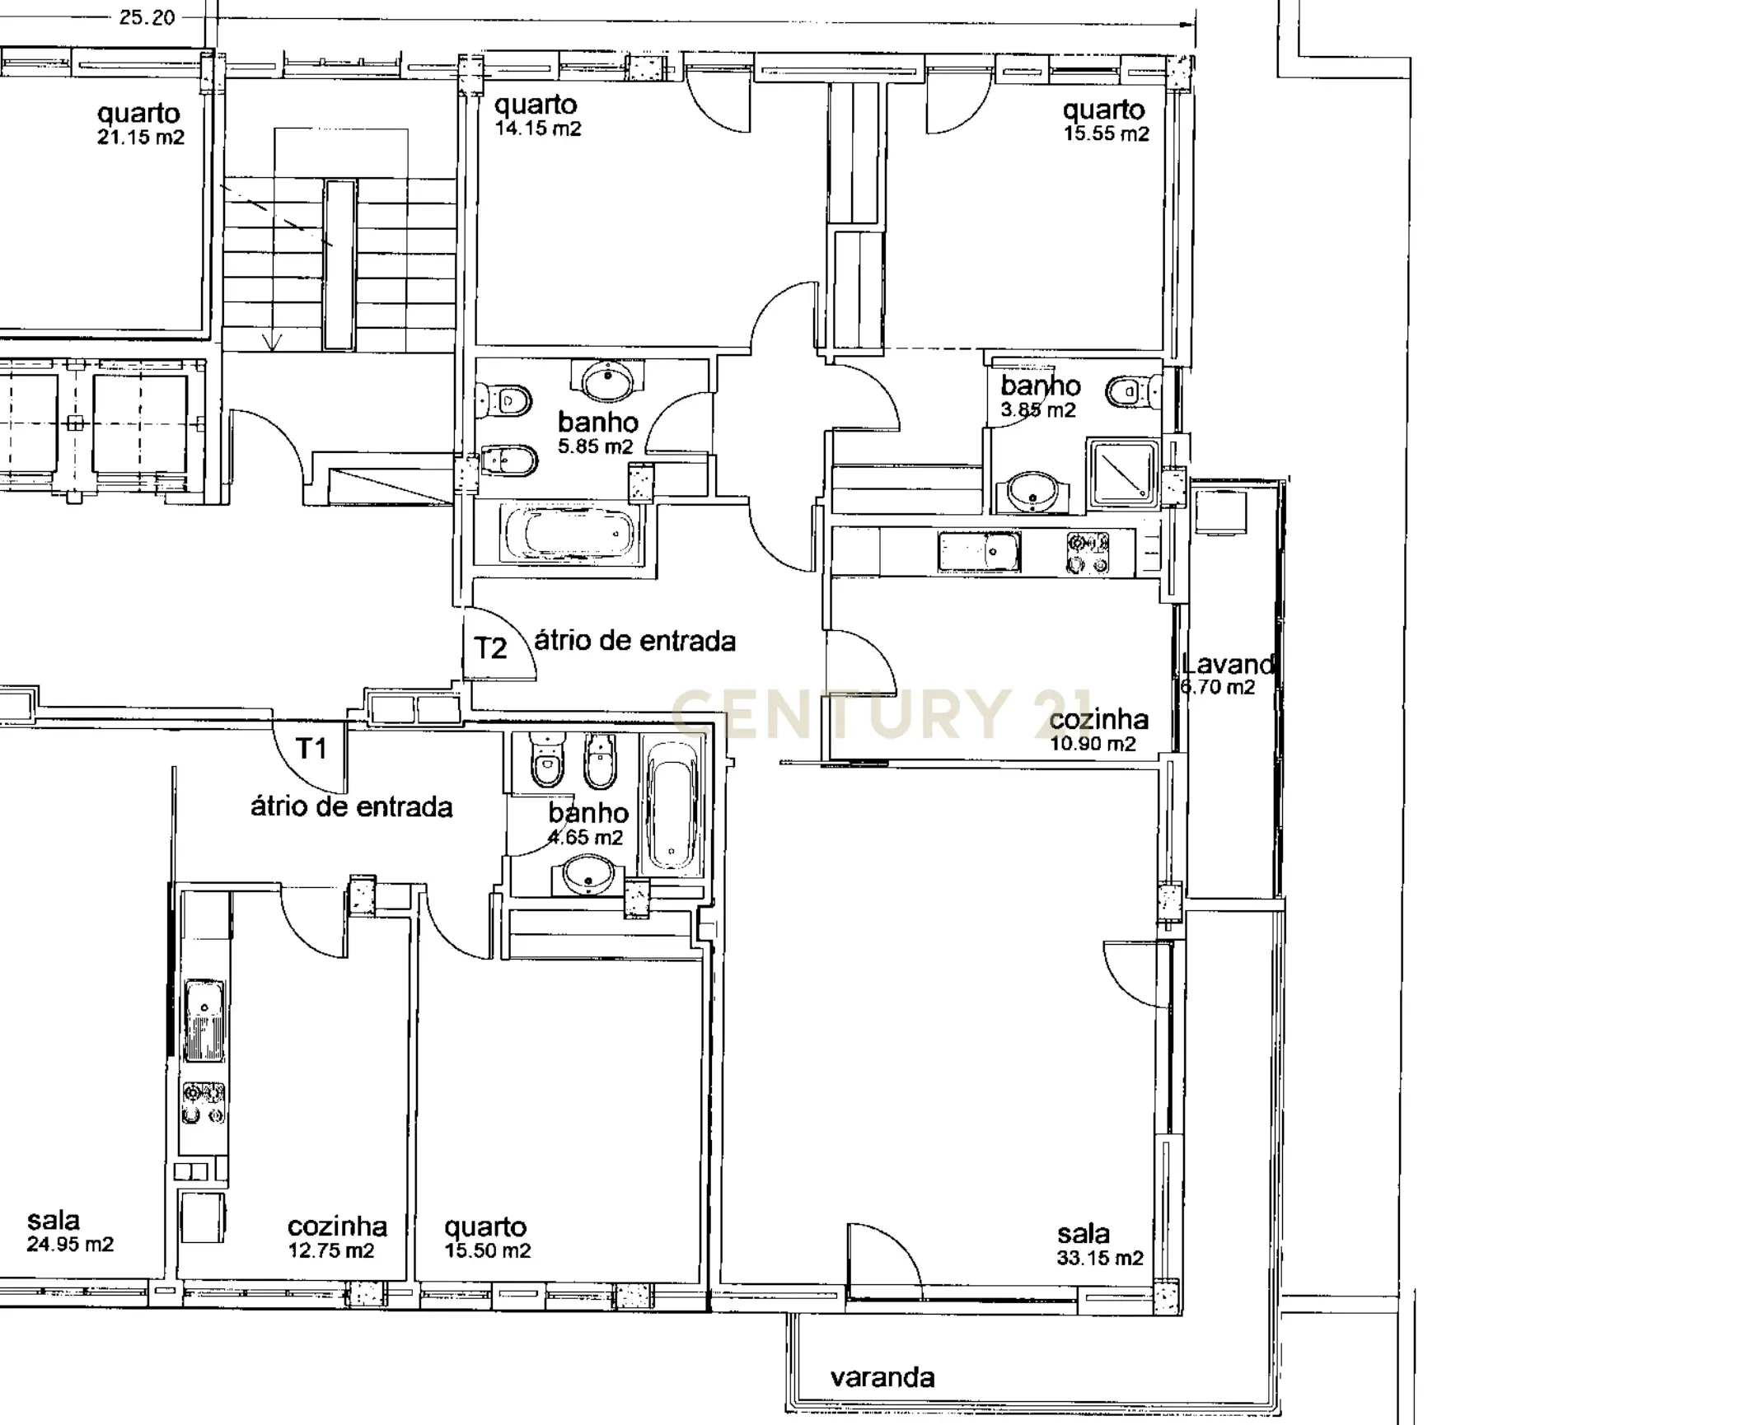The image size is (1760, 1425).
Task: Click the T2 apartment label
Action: (x=490, y=648)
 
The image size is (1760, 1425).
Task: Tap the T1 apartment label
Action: (x=311, y=749)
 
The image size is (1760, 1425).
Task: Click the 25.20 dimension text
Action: (x=147, y=17)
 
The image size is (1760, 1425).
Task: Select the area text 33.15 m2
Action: (x=1099, y=1258)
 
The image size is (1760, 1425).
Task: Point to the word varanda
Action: (x=882, y=1377)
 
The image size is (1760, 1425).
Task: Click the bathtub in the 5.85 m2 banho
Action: (x=569, y=534)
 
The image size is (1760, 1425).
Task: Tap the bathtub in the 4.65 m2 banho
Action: (x=672, y=806)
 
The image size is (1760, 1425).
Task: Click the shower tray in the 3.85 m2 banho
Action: (x=1122, y=474)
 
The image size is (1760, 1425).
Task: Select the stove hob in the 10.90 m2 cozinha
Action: (x=1088, y=553)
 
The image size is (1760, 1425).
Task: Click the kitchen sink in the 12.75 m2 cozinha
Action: (x=203, y=1020)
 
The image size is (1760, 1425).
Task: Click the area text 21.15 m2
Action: (x=140, y=138)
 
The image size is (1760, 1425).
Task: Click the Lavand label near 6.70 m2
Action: (x=1227, y=664)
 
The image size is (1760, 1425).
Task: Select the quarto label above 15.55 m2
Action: (x=1103, y=110)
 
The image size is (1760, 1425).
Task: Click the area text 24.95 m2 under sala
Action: (x=69, y=1245)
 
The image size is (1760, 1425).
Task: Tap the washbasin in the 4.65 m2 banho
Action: (x=587, y=874)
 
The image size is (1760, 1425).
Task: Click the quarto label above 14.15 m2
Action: (x=536, y=105)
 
